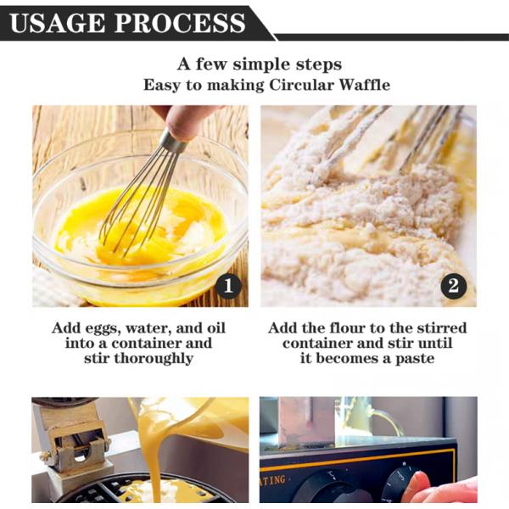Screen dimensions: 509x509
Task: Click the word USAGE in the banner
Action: pyautogui.click(x=57, y=24)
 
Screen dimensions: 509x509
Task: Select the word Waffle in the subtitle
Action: pyautogui.click(x=365, y=85)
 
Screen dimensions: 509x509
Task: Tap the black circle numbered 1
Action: pyautogui.click(x=228, y=286)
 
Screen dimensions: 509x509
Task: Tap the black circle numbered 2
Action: pyautogui.click(x=454, y=286)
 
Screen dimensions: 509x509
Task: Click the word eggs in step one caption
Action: pyautogui.click(x=103, y=328)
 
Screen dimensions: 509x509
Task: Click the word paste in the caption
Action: pyautogui.click(x=415, y=359)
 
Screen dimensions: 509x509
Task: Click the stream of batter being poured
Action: pyautogui.click(x=152, y=455)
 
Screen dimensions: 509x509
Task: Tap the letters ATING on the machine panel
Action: pyautogui.click(x=272, y=481)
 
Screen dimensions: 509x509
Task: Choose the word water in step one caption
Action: pyautogui.click(x=148, y=328)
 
